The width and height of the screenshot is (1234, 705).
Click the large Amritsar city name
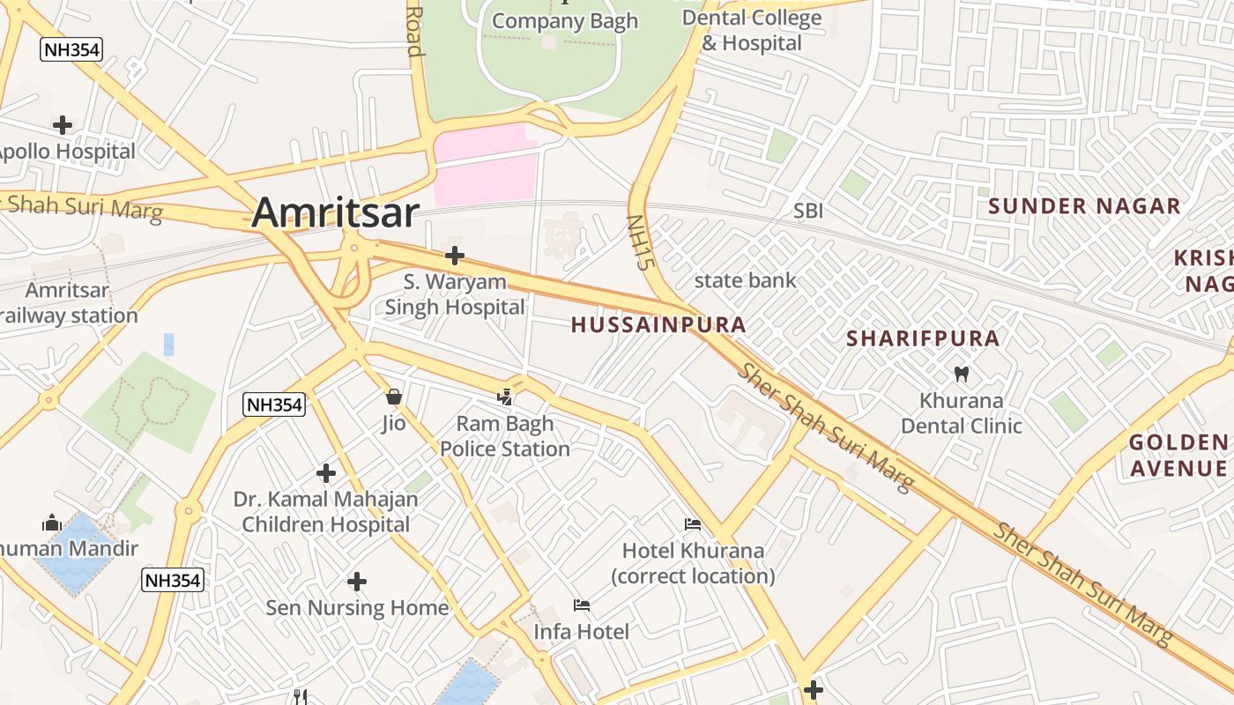pos(334,214)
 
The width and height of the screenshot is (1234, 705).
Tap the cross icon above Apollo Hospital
pos(63,125)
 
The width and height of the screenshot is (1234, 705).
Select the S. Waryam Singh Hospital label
pos(455,294)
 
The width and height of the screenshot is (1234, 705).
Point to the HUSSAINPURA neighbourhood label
pos(658,324)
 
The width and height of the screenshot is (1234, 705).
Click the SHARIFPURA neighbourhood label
pos(923,338)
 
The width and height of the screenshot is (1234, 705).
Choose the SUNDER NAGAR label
pos(1084,206)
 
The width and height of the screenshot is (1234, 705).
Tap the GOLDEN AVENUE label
pos(1178,455)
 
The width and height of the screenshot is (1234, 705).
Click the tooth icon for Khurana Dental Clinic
pos(962,374)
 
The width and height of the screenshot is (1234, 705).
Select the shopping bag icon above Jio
pos(394,397)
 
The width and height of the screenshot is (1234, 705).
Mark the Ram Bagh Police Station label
pos(505,436)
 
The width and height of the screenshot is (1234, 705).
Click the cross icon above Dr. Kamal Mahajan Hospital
pos(326,473)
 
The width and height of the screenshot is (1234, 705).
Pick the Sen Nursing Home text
pos(357,608)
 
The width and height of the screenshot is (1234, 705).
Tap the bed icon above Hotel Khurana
pos(694,524)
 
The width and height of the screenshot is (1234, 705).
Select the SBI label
pos(808,211)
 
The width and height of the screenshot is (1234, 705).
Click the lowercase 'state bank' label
pos(745,281)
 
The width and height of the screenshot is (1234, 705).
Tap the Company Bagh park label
pos(564,21)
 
